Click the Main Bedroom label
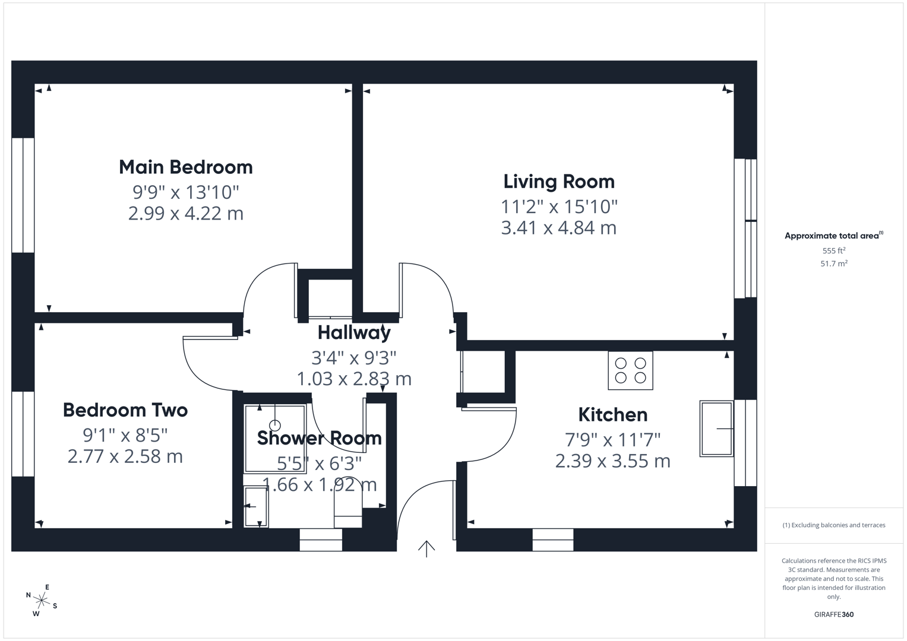coord(185,167)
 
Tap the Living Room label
coord(558,182)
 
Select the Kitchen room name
coord(612,414)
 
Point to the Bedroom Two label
coord(125,410)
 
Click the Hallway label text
coord(354,332)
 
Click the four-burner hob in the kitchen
coord(630,370)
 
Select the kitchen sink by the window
coord(716,429)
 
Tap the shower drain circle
coord(275,426)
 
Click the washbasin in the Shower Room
coord(256,506)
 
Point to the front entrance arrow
coord(426,548)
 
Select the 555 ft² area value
coord(833,251)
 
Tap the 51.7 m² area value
coord(833,264)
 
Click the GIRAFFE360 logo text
coord(833,614)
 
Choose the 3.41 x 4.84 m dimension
coord(558,228)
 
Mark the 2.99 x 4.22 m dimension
coord(185,214)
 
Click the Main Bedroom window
coord(23,195)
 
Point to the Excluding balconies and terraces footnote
coord(833,525)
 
